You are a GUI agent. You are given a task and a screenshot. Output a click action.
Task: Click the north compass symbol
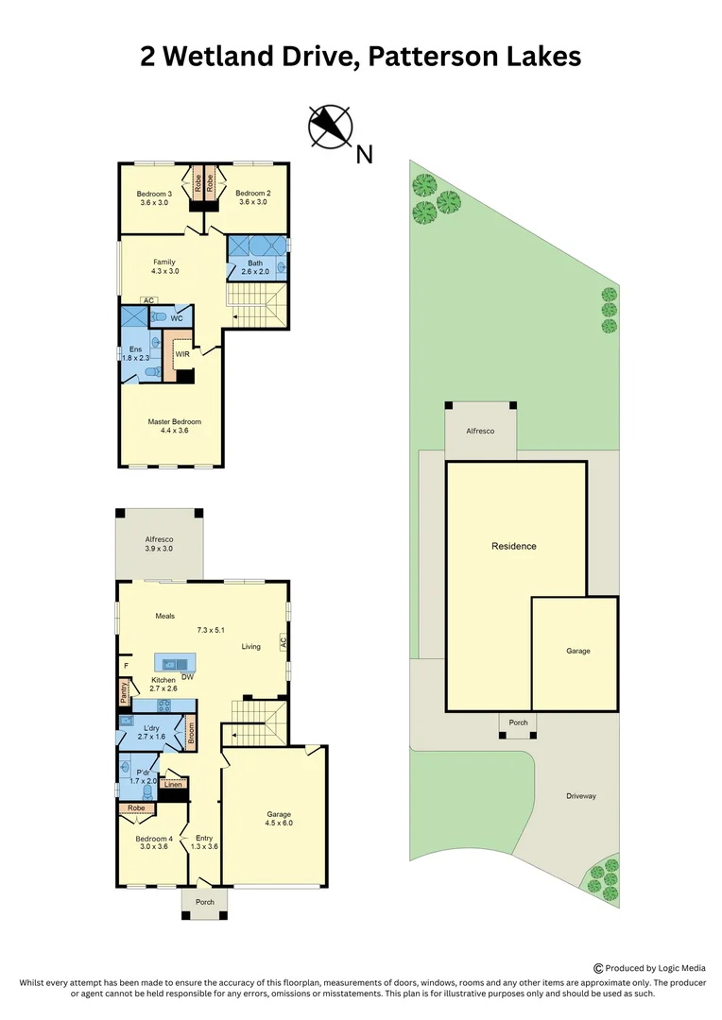[331, 127]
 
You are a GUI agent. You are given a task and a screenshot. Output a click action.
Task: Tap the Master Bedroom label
[174, 422]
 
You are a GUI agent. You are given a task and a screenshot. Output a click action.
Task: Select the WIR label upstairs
[182, 354]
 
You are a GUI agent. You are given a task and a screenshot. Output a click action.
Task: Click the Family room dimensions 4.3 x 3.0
[164, 271]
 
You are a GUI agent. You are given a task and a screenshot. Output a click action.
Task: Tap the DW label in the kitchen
[188, 677]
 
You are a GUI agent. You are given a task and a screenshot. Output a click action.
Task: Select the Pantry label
[124, 693]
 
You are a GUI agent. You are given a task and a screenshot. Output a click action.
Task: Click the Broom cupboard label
[191, 734]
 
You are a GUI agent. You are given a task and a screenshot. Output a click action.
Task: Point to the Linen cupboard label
[173, 784]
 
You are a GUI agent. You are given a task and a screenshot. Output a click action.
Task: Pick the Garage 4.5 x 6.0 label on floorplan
[279, 818]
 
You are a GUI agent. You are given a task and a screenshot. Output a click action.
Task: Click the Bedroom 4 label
[153, 839]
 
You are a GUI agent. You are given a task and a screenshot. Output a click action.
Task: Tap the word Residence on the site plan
[514, 546]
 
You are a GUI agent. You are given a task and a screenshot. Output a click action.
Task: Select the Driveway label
[581, 796]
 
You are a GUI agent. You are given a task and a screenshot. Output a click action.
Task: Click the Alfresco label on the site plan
[480, 430]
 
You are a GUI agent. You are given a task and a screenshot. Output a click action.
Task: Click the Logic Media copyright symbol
[598, 967]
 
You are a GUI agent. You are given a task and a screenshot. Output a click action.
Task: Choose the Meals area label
[165, 616]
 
